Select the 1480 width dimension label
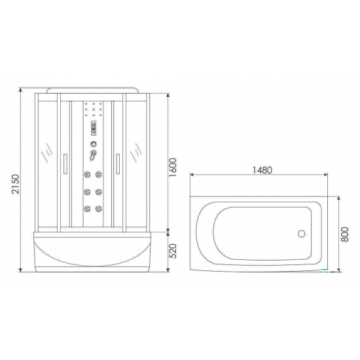pyautogui.click(x=261, y=169)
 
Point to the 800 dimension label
pyautogui.click(x=345, y=233)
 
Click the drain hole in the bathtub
pyautogui.click(x=302, y=233)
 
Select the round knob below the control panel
pyautogui.click(x=96, y=145)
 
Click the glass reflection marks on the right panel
pyautogui.click(x=137, y=154)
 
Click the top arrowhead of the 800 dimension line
pyautogui.click(x=338, y=194)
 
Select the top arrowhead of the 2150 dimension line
pyautogui.click(x=20, y=84)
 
